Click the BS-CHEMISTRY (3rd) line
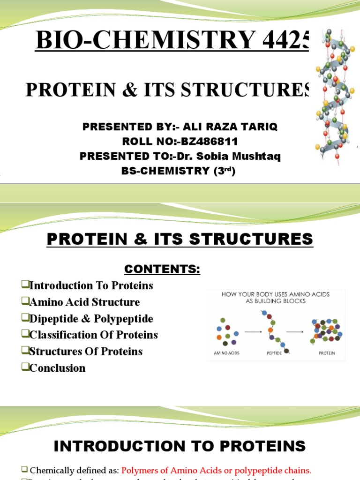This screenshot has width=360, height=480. [178, 171]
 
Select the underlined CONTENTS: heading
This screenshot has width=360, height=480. [162, 269]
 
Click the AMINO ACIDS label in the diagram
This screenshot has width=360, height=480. [227, 353]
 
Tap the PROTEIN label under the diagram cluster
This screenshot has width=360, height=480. [327, 353]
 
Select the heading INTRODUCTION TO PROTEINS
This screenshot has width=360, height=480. [180, 446]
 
